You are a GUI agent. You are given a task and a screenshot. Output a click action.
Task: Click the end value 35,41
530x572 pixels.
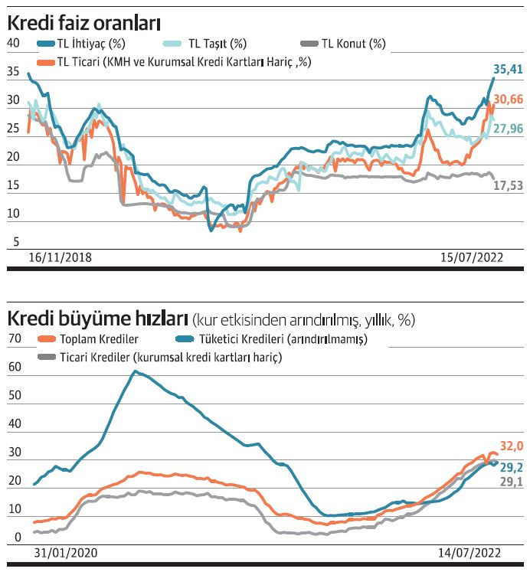coord(507,70)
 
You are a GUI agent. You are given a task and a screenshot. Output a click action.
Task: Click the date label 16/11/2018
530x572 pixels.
coord(60,257)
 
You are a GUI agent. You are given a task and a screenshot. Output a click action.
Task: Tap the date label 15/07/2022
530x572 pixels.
coord(470,257)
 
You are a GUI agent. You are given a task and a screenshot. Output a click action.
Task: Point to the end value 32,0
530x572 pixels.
coord(511,446)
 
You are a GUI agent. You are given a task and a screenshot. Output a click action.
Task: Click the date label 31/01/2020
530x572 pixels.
coord(67,551)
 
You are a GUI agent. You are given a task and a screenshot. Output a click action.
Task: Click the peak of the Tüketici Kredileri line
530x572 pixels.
coord(135,371)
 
